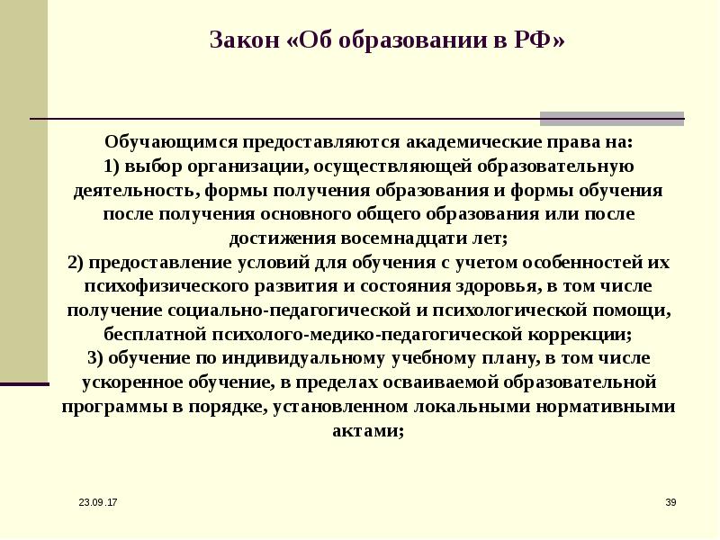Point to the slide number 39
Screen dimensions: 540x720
[x=670, y=500]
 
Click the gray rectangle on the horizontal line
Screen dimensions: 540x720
[x=611, y=118]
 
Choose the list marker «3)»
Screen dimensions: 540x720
[x=99, y=357]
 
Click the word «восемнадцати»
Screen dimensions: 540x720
[x=389, y=238]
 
